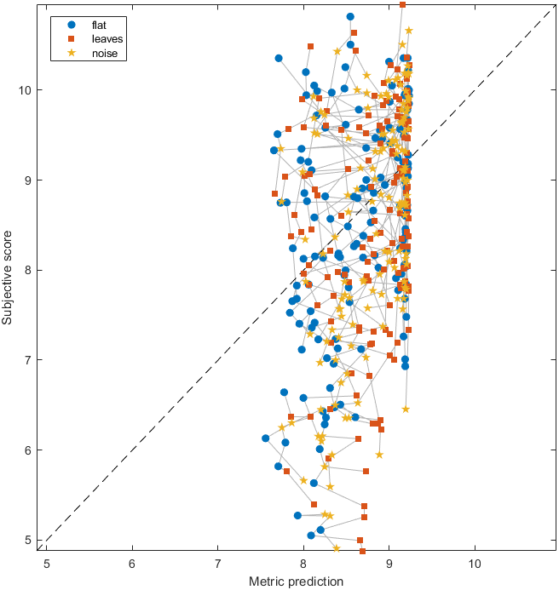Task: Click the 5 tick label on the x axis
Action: pos(47,563)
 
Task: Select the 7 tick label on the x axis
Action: pos(218,563)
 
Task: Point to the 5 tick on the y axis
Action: pos(29,540)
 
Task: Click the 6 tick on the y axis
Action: pos(29,450)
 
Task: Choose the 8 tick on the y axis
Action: pos(29,270)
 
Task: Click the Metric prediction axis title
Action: pos(296,581)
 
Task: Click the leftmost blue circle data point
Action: pos(266,438)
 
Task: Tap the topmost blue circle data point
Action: pos(350,16)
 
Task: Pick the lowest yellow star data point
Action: pos(337,548)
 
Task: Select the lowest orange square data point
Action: pos(362,551)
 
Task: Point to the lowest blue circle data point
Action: pos(311,536)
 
